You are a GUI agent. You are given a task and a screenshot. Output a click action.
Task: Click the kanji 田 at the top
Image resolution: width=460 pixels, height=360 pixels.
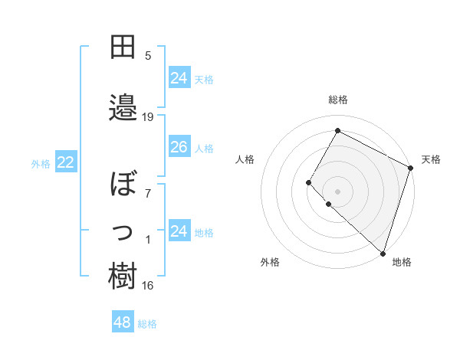pyautogui.click(x=123, y=47)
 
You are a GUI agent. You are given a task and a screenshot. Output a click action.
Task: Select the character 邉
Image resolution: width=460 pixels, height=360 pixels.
pyautogui.click(x=123, y=106)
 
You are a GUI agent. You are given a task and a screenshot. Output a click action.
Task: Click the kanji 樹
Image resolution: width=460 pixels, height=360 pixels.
pyautogui.click(x=123, y=277)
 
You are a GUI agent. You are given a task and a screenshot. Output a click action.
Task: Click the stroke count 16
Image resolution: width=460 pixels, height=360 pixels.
pyautogui.click(x=148, y=286)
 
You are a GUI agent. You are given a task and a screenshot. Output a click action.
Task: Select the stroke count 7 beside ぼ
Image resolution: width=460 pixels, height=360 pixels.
pyautogui.click(x=148, y=193)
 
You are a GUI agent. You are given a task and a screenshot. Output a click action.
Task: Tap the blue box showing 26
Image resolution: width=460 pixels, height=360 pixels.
pyautogui.click(x=179, y=147)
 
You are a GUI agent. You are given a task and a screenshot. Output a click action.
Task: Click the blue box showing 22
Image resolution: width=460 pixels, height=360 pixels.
pyautogui.click(x=65, y=162)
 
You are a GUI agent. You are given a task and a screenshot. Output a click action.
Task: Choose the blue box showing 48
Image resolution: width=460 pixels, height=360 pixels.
pyautogui.click(x=122, y=322)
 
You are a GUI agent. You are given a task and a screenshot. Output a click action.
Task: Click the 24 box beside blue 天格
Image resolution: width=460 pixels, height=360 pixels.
pyautogui.click(x=179, y=78)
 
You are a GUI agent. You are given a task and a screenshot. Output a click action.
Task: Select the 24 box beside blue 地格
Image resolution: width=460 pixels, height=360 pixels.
pyautogui.click(x=179, y=231)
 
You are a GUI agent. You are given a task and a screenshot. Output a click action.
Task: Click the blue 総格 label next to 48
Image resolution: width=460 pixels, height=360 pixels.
pyautogui.click(x=147, y=324)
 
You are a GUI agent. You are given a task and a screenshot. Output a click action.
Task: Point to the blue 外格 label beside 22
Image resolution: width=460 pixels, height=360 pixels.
pyautogui.click(x=41, y=163)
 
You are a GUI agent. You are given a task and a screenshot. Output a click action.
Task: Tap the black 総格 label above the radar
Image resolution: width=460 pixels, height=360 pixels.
pyautogui.click(x=338, y=100)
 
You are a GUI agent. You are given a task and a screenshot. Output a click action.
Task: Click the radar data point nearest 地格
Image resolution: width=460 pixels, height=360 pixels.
pyautogui.click(x=383, y=254)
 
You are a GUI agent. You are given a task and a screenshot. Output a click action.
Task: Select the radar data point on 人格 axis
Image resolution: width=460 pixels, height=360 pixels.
pyautogui.click(x=309, y=182)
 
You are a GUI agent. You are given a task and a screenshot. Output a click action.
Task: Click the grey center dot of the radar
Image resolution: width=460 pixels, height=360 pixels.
pyautogui.click(x=337, y=191)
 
